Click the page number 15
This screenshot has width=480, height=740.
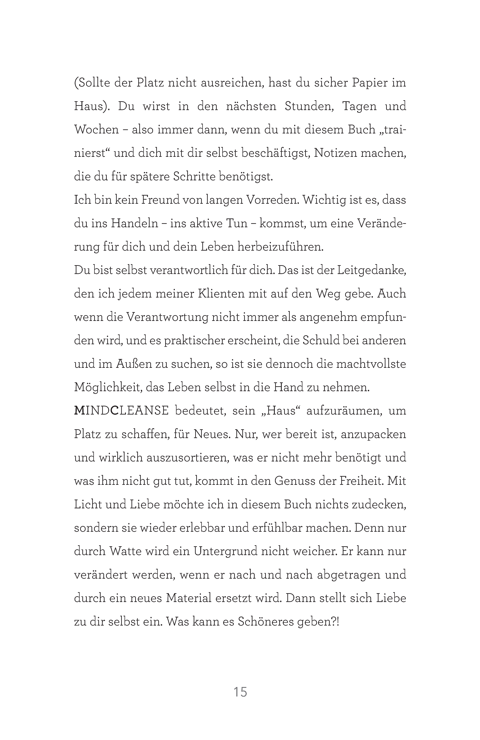[x=240, y=692]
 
